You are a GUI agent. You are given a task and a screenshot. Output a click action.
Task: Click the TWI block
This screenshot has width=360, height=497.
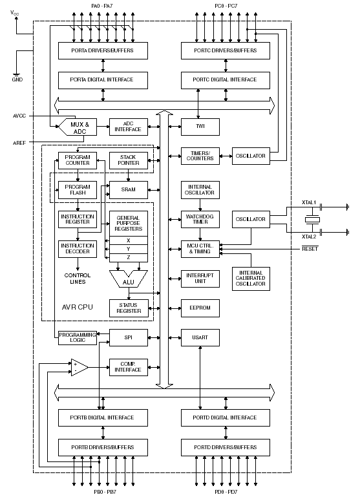pos(200,127)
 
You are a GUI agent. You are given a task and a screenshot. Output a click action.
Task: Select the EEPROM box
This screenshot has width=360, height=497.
pos(200,308)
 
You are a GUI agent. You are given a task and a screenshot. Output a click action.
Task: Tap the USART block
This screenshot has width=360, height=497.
pos(200,337)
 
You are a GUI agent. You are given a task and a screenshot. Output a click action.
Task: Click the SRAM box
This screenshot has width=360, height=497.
pos(129,190)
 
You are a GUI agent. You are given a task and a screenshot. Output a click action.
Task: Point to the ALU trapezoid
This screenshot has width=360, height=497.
pos(129,279)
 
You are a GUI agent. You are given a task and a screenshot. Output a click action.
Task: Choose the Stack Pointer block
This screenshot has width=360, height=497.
pos(129,160)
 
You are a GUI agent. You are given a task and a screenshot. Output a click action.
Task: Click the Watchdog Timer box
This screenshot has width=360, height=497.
pos(200,219)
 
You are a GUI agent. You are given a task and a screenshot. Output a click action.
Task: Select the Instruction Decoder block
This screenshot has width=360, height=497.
pos(78,249)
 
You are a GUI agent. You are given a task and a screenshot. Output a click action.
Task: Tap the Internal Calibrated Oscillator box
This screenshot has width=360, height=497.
pos(251,279)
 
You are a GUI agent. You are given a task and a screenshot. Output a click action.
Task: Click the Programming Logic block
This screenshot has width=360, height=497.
pos(78,337)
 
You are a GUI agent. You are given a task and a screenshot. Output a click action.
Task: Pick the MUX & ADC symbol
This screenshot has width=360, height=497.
pos(78,127)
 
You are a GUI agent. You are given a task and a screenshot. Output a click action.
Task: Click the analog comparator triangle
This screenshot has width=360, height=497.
pos(79,367)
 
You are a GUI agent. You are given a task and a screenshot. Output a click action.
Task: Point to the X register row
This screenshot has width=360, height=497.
pos(129,240)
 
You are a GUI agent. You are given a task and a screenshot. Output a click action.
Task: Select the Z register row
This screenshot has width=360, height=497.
pos(129,258)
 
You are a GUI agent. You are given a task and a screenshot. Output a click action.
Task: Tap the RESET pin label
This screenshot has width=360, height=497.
pos(310,249)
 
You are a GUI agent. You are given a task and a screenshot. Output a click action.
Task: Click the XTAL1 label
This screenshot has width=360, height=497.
pos(309,202)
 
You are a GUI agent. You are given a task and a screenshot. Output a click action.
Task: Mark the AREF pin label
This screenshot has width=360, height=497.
pos(19,143)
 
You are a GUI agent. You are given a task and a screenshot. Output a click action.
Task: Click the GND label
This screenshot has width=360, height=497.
pos(17,79)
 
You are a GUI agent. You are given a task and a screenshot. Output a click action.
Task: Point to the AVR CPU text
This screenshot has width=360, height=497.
pos(78,307)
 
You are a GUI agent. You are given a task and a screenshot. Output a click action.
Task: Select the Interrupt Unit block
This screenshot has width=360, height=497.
pos(200,279)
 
